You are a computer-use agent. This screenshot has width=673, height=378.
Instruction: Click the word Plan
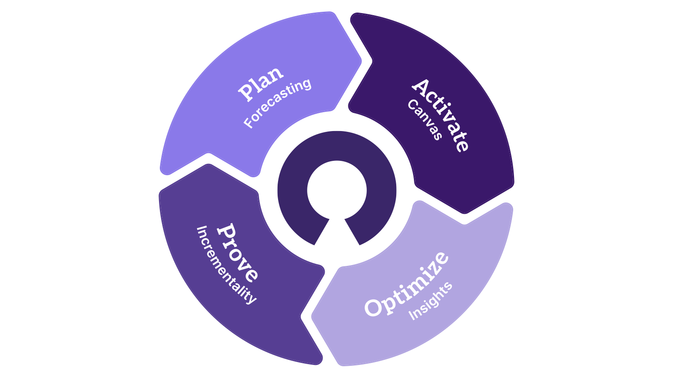coord(261,84)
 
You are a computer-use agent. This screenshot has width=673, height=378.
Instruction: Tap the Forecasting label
coord(278,103)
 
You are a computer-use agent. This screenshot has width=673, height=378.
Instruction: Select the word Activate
coord(441,115)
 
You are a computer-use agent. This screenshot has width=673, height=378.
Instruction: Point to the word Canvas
coord(425,120)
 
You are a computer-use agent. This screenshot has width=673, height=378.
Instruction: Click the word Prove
coord(238,252)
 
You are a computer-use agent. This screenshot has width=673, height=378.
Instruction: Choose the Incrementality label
coord(226,265)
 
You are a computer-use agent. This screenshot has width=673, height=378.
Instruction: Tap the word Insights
coord(430,301)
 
